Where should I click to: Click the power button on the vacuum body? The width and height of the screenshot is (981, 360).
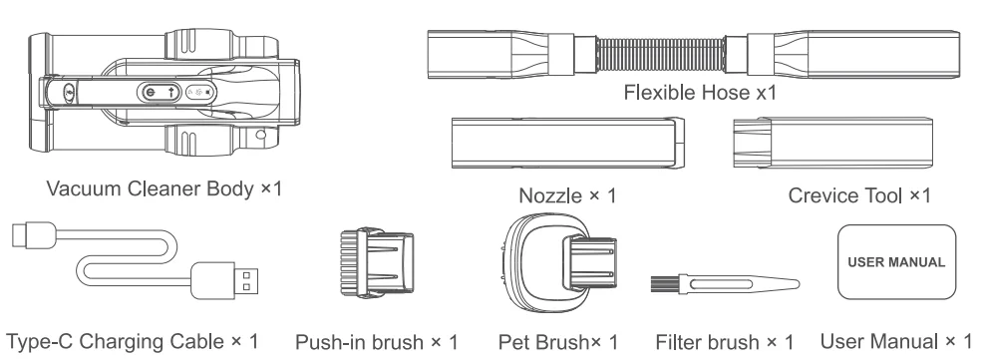pos(150,92)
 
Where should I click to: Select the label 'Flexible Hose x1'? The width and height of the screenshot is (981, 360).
pos(698,93)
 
